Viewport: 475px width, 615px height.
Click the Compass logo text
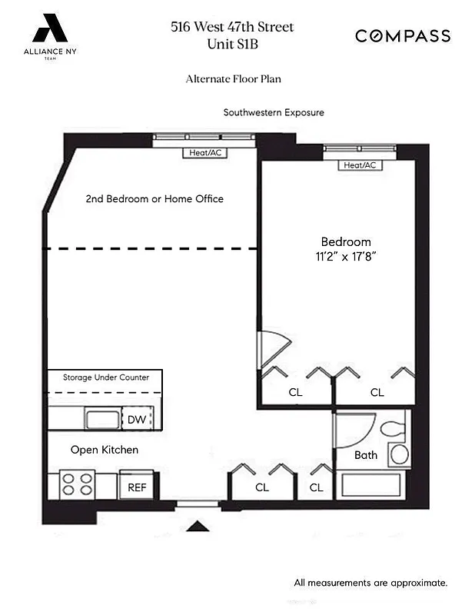(402, 36)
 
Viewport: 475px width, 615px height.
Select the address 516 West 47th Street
(232, 28)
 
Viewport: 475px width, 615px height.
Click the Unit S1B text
(232, 44)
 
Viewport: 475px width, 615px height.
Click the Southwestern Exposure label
(274, 112)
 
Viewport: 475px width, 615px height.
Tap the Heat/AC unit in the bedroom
(360, 165)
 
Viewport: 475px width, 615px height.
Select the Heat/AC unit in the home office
(205, 153)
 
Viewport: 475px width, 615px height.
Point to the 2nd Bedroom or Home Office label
(154, 198)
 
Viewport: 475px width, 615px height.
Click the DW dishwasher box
(137, 419)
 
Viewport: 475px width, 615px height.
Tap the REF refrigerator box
(136, 486)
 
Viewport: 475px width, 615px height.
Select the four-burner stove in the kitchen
(77, 485)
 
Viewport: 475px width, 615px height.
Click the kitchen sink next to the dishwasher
(101, 419)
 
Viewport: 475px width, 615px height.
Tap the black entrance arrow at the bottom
(198, 527)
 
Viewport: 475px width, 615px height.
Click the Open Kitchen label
(105, 450)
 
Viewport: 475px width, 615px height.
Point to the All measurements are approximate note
(370, 583)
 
